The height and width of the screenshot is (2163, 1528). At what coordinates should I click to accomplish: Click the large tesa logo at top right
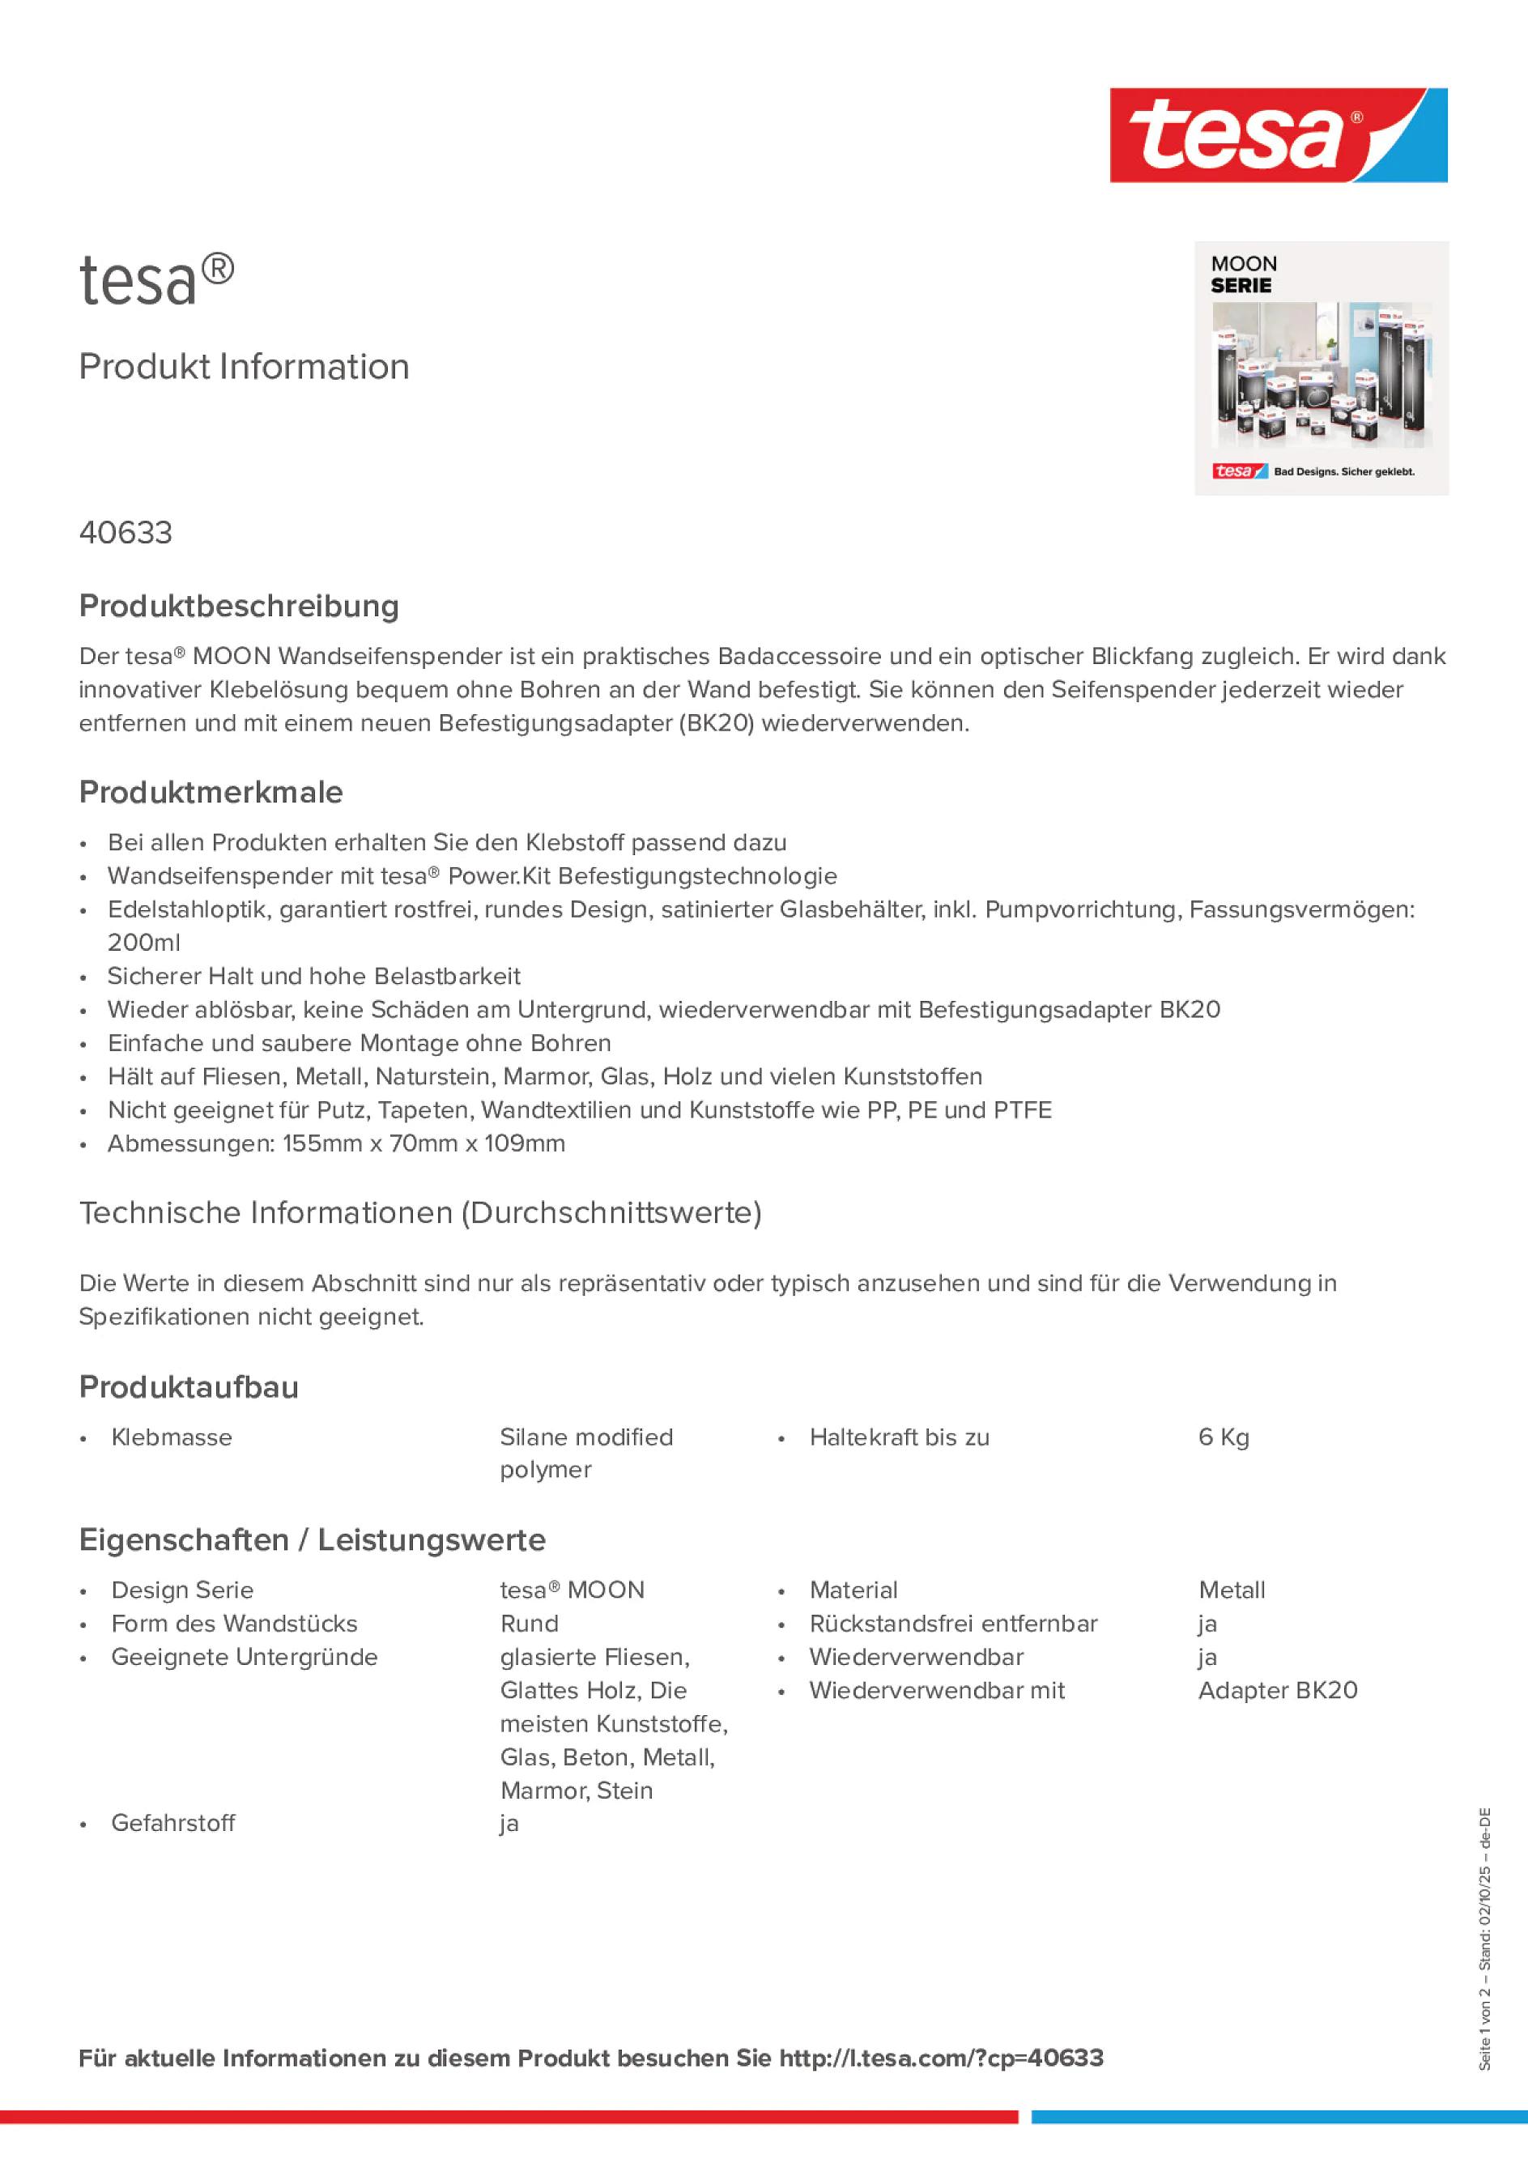[x=1278, y=136]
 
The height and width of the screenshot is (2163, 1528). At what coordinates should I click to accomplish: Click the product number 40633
[x=126, y=533]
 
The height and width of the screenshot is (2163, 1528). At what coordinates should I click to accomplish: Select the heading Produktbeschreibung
[x=239, y=607]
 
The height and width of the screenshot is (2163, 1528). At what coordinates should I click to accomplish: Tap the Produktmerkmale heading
[x=211, y=792]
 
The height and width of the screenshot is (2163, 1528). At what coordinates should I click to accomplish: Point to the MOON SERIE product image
[x=1321, y=368]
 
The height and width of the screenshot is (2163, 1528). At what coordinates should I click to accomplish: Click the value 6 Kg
[x=1223, y=1437]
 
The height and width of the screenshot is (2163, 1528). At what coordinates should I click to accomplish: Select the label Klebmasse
[x=172, y=1437]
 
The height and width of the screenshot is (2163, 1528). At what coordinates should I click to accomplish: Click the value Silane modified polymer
[x=586, y=1453]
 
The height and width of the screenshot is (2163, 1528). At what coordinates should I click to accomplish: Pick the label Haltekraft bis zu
[x=899, y=1437]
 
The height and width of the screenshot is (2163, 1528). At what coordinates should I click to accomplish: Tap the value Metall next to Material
[x=1232, y=1590]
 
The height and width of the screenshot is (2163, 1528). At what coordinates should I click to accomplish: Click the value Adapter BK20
[x=1278, y=1690]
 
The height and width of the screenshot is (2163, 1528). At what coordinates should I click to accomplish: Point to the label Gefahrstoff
[x=173, y=1823]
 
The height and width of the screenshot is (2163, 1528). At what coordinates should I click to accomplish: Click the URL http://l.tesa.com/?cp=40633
[x=940, y=2059]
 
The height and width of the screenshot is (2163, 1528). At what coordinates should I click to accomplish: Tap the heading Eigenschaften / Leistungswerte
[x=312, y=1540]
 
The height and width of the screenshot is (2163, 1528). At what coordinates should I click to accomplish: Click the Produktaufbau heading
[x=189, y=1388]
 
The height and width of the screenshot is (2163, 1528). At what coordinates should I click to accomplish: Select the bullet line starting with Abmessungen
[x=336, y=1143]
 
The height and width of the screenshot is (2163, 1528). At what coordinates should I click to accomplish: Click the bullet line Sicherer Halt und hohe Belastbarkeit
[x=313, y=976]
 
